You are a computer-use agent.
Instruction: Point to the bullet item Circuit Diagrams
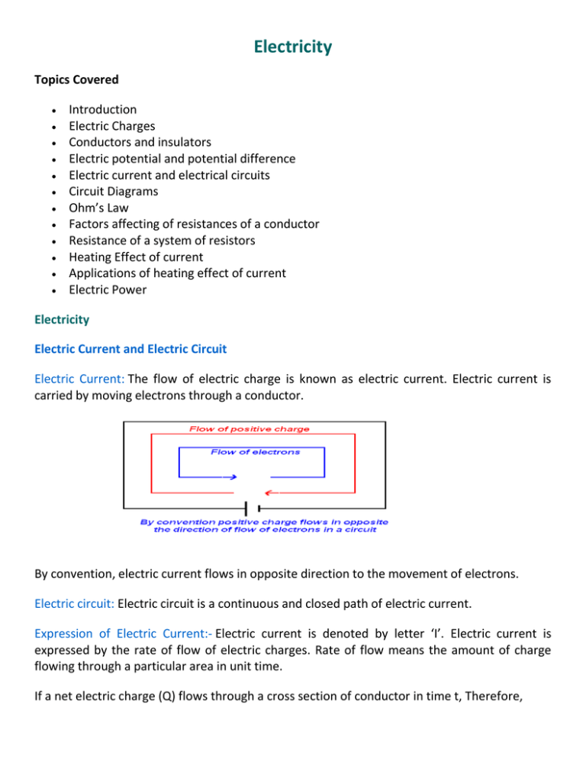pyautogui.click(x=114, y=192)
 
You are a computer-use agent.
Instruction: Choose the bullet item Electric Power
pyautogui.click(x=108, y=290)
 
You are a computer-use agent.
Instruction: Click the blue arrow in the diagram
pyautogui.click(x=230, y=478)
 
